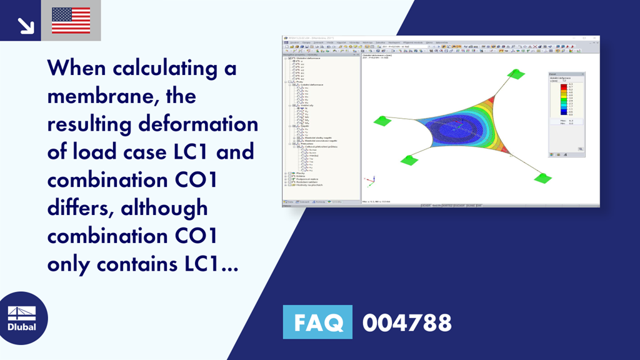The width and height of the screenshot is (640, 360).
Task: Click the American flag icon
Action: pos(71,21)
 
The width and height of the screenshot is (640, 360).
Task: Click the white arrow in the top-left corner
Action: pos(26,26)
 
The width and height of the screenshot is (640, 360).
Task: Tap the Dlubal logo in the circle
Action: pos(21,319)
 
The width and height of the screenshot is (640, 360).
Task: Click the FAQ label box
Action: pos(317,322)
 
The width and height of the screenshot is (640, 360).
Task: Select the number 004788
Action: pos(407,323)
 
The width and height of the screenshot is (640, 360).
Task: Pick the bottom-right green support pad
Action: pos(542,178)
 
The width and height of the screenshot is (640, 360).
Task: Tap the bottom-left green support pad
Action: pos(409,160)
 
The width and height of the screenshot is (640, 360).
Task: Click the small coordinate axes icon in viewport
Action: pos(369,181)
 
